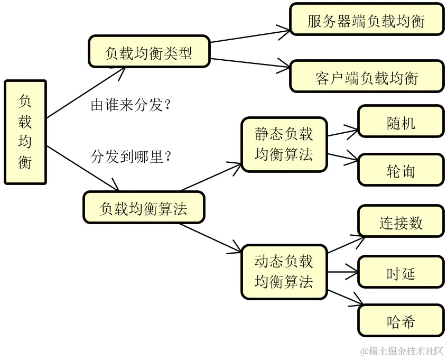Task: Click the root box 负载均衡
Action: point(25,132)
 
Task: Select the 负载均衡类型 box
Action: point(149,52)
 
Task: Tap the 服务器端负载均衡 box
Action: point(367,20)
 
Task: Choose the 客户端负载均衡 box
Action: point(367,77)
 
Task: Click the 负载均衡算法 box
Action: point(144,207)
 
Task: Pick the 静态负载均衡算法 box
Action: point(284,144)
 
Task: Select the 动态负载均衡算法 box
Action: point(284,271)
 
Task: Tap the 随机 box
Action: point(401,122)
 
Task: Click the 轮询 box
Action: point(401,170)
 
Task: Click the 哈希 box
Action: point(401,321)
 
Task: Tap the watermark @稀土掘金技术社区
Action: point(402,351)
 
